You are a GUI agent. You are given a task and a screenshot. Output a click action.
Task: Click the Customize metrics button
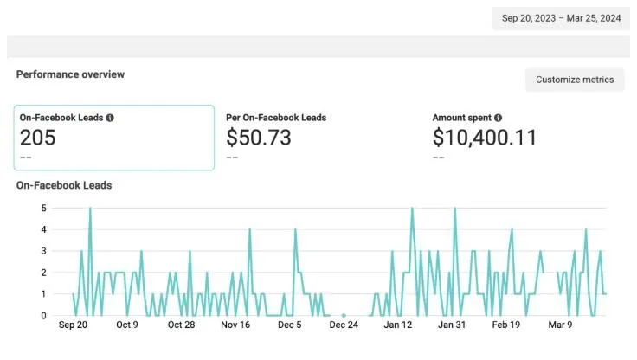(575, 80)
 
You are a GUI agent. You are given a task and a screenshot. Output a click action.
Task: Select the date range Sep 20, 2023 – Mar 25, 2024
(562, 17)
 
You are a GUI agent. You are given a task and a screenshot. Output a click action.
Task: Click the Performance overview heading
(70, 74)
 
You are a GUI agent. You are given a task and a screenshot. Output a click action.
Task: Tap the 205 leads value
(38, 137)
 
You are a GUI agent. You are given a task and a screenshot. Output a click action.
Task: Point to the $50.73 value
(258, 137)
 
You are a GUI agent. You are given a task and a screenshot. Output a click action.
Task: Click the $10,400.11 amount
(485, 137)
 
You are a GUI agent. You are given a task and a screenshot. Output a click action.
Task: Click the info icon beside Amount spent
(499, 118)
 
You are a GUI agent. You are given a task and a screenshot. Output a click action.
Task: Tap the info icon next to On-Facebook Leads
(110, 118)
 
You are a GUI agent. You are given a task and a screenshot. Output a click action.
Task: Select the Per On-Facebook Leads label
(276, 118)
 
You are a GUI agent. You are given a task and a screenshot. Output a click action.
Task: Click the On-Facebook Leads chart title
(64, 185)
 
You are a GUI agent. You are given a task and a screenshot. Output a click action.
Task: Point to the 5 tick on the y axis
(43, 208)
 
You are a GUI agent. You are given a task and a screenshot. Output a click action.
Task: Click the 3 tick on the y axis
(43, 251)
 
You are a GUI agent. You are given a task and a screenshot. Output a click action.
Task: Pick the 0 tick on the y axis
(43, 315)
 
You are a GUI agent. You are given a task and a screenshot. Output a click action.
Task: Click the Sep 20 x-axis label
(73, 325)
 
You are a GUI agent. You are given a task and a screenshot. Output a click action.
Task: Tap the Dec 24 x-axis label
(344, 325)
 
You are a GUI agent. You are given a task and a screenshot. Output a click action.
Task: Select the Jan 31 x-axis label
(452, 325)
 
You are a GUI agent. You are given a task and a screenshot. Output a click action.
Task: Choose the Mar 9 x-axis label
(560, 325)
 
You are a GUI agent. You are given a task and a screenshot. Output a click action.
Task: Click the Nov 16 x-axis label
(235, 325)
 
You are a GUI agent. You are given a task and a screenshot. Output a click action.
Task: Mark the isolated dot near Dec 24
(344, 315)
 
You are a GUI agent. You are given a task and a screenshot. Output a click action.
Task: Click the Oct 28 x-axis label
(181, 325)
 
